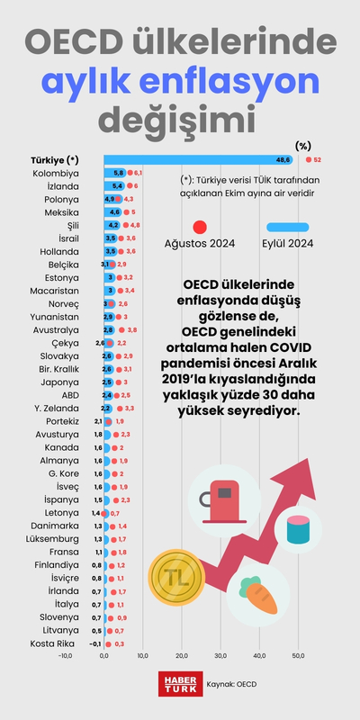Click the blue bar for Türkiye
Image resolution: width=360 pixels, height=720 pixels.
coord(198,159)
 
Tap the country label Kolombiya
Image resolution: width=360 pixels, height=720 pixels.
coord(56,172)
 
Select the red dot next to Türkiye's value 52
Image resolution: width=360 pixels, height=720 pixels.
coord(307,159)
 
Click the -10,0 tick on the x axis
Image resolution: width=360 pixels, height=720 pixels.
coord(65,654)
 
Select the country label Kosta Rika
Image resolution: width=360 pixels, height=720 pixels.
coord(55,643)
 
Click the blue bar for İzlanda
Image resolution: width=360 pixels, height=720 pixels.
coord(115,185)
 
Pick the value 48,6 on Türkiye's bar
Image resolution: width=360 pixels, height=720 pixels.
coord(283,159)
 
